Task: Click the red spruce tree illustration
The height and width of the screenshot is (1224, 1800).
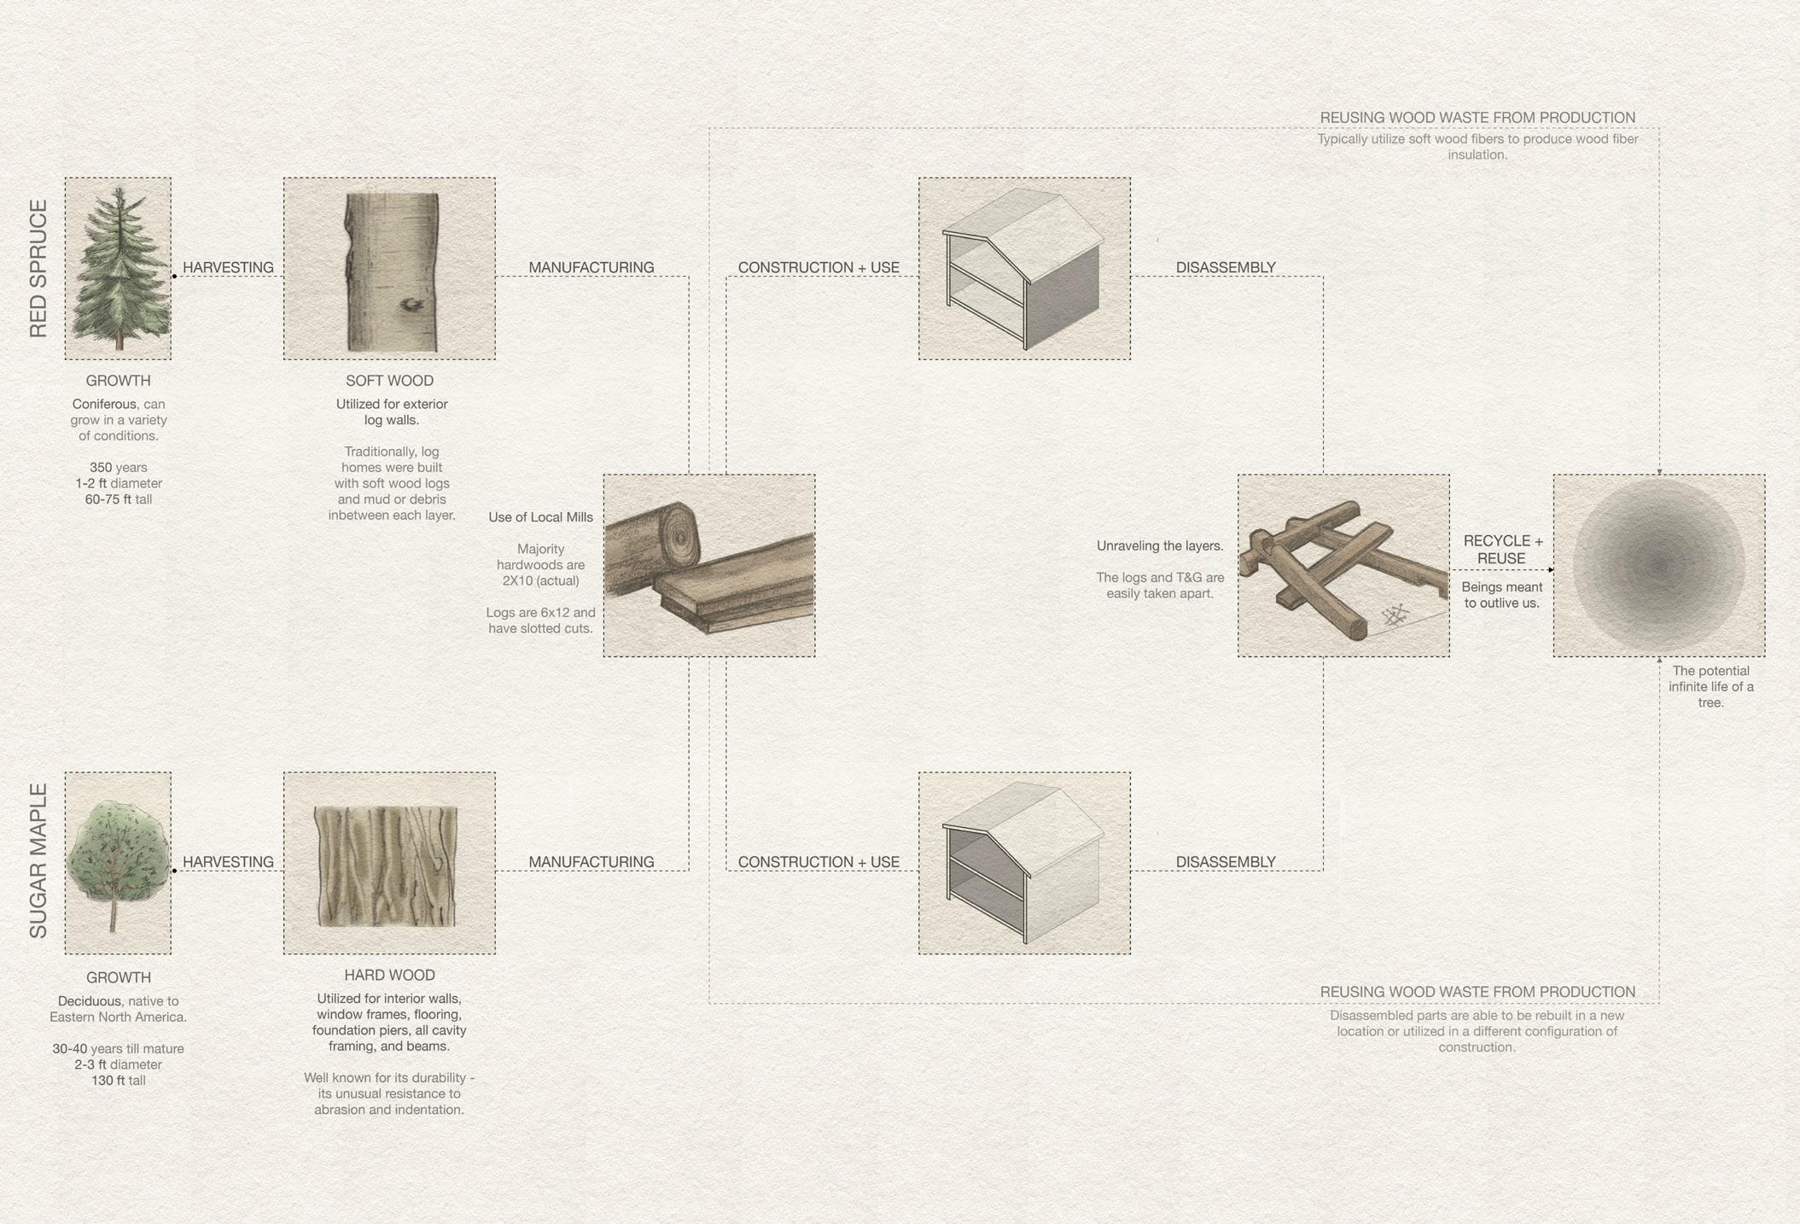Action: pyautogui.click(x=119, y=269)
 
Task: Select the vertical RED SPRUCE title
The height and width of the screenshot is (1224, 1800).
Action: pyautogui.click(x=38, y=269)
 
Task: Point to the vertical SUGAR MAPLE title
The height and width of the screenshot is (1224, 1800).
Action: pyautogui.click(x=38, y=861)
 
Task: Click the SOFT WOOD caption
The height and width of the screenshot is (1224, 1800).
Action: pyautogui.click(x=389, y=381)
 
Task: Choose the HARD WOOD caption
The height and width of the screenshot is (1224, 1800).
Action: pyautogui.click(x=389, y=975)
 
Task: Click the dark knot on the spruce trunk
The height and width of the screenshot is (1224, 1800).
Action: pyautogui.click(x=412, y=304)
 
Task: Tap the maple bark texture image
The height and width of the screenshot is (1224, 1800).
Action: pyautogui.click(x=386, y=866)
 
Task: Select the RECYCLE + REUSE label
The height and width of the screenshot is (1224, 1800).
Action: pyautogui.click(x=1503, y=550)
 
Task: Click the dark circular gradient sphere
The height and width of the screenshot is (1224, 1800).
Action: pyautogui.click(x=1659, y=565)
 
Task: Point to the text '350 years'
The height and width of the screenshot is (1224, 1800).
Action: pyautogui.click(x=119, y=467)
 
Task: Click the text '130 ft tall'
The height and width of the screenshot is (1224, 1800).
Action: pyautogui.click(x=119, y=1080)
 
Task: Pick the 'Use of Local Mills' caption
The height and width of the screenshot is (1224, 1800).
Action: pyautogui.click(x=540, y=517)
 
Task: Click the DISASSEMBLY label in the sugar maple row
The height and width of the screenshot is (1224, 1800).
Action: pyautogui.click(x=1226, y=862)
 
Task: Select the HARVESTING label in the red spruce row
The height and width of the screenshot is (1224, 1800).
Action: pyautogui.click(x=228, y=267)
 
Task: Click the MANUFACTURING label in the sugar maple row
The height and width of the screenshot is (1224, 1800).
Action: pyautogui.click(x=591, y=862)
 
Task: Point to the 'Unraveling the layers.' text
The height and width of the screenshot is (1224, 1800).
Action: pyautogui.click(x=1160, y=545)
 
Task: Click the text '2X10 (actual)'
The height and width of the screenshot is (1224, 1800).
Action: pyautogui.click(x=540, y=580)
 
